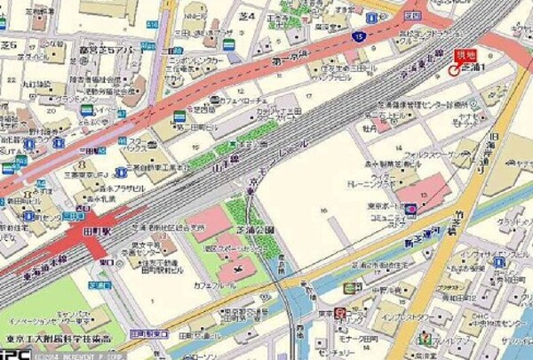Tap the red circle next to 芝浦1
click(x=454, y=69)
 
